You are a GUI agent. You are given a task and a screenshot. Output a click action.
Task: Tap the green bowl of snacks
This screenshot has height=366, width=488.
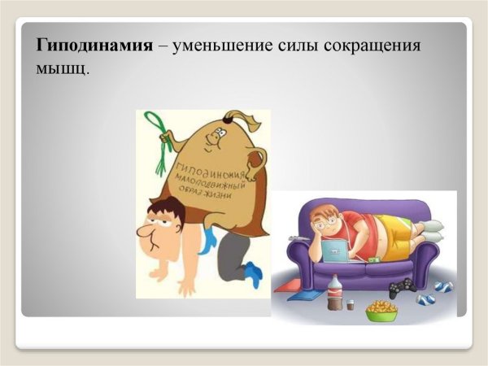381,310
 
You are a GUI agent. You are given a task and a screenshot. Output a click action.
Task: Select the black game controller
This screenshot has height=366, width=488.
401,287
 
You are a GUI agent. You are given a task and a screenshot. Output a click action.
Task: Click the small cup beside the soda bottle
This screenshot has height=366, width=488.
351,305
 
